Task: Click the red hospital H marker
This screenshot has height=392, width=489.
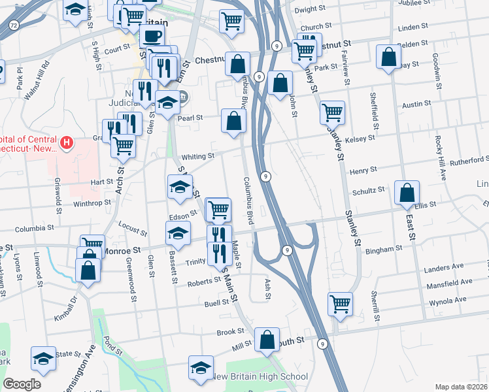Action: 66,142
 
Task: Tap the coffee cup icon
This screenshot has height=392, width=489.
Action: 152,35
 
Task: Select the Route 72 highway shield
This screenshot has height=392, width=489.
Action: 13,25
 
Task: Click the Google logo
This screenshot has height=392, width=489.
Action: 22,384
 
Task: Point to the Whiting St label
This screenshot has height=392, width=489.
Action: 198,157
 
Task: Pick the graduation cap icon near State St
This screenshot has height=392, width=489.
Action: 43,359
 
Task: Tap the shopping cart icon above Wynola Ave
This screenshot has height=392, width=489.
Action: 340,303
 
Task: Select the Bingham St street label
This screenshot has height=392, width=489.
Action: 384,250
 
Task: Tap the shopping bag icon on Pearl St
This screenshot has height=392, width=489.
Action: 233,121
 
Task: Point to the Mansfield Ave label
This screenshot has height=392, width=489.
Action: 448,282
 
